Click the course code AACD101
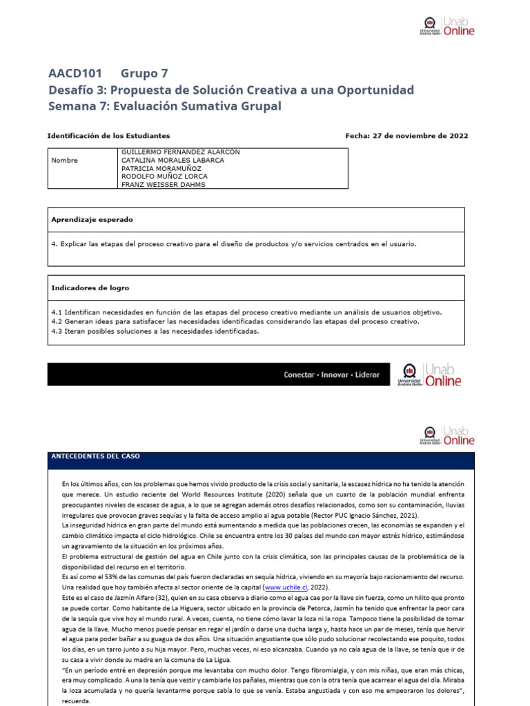pyautogui.click(x=75, y=74)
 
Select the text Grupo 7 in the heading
pyautogui.click(x=144, y=74)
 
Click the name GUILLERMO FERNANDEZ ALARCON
pyautogui.click(x=181, y=152)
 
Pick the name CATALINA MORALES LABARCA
pyautogui.click(x=173, y=160)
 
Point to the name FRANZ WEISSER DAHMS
pyautogui.click(x=163, y=185)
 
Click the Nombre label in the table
pyautogui.click(x=65, y=160)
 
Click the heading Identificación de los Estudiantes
pyautogui.click(x=108, y=136)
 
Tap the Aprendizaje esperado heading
pyautogui.click(x=92, y=219)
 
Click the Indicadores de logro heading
pyautogui.click(x=90, y=288)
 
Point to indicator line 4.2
pyautogui.click(x=235, y=321)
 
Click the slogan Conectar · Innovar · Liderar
pyautogui.click(x=331, y=374)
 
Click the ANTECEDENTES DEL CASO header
pyautogui.click(x=96, y=456)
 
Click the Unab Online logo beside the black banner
pyautogui.click(x=430, y=374)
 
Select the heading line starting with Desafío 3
pyautogui.click(x=231, y=90)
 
